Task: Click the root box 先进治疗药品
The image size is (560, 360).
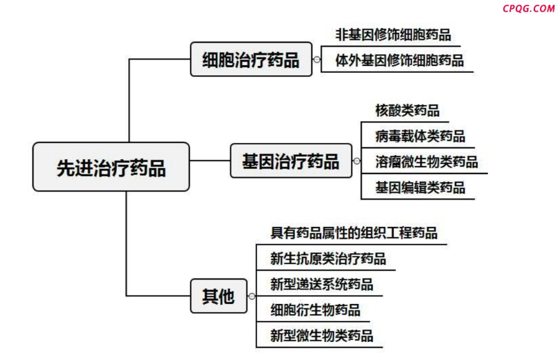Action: click(111, 167)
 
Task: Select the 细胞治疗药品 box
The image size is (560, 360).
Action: click(251, 59)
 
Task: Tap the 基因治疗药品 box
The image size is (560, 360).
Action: click(291, 160)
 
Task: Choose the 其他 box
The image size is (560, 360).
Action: click(218, 296)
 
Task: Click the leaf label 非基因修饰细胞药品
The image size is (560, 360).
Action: click(393, 35)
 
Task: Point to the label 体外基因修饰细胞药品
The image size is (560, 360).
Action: click(399, 60)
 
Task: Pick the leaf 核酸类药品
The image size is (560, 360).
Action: click(407, 111)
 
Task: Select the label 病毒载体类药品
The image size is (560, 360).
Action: click(420, 136)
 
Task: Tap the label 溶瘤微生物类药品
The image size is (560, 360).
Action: click(426, 162)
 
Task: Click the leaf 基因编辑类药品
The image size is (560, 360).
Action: click(420, 188)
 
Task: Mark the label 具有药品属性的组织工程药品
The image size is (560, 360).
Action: click(353, 233)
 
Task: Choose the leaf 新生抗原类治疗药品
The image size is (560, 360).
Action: click(328, 259)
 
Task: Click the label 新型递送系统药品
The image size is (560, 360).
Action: click(322, 284)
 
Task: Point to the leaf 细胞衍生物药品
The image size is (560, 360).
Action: click(315, 310)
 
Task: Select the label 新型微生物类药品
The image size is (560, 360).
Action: click(322, 336)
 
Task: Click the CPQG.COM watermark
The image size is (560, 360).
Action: click(528, 8)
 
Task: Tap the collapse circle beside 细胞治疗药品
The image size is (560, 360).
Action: click(317, 60)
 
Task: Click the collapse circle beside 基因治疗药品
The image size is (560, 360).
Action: click(357, 161)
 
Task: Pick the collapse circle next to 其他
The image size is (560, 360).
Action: click(252, 296)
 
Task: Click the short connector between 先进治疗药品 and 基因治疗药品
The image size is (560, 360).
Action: click(210, 160)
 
